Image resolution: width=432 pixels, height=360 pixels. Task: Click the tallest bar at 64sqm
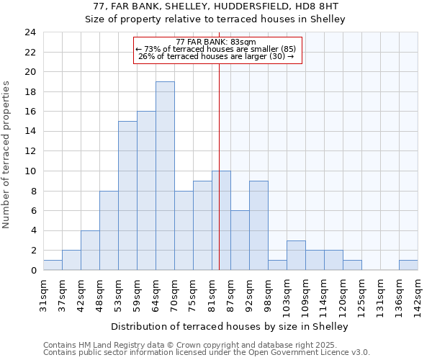pyautogui.click(x=165, y=176)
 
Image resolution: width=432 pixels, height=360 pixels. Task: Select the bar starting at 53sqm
pyautogui.click(x=127, y=196)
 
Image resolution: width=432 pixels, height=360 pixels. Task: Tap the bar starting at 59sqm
pyautogui.click(x=146, y=191)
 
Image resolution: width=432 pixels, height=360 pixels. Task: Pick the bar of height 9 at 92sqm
pyautogui.click(x=258, y=225)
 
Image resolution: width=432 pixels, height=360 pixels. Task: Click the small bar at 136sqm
pyautogui.click(x=408, y=265)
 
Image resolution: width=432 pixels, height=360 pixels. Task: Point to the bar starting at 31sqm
pyautogui.click(x=53, y=265)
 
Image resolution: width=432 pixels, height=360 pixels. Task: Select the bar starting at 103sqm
pyautogui.click(x=296, y=256)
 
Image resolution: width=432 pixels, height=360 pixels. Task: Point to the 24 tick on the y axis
pyautogui.click(x=30, y=32)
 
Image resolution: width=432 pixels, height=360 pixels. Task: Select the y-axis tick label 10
pyautogui.click(x=30, y=171)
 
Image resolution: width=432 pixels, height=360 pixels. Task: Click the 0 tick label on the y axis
pyautogui.click(x=32, y=271)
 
